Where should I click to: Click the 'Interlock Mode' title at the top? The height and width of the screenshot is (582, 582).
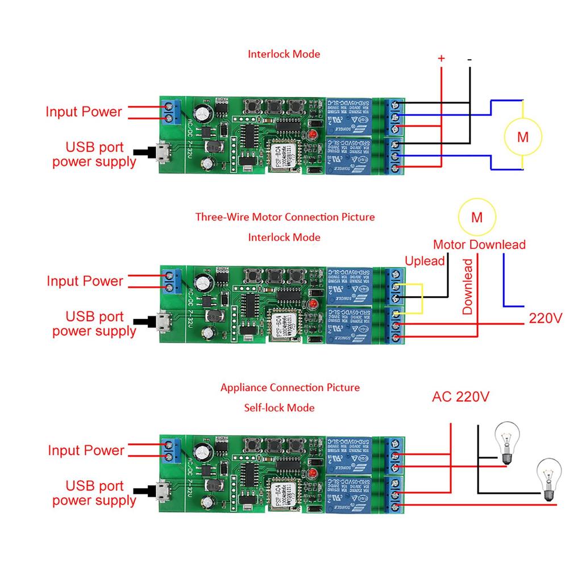tap(284, 55)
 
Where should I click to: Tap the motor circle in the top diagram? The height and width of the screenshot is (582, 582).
tap(523, 137)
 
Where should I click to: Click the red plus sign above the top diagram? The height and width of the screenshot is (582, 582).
tap(441, 59)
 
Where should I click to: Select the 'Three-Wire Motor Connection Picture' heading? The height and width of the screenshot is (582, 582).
tap(285, 217)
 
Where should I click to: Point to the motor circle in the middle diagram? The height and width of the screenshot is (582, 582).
tap(477, 217)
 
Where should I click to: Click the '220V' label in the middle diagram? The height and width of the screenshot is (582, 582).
tap(545, 318)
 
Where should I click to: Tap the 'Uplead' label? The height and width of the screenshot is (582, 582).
tap(425, 261)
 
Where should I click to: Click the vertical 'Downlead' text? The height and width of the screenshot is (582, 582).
tap(467, 286)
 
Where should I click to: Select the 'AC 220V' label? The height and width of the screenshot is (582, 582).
tap(460, 397)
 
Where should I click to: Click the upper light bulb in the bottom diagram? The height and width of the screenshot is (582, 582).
tap(507, 441)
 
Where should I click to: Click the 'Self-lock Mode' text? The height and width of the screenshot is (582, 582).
tap(279, 408)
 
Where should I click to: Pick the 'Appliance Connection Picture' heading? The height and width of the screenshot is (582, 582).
tap(290, 388)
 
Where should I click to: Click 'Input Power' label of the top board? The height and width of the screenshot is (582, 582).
tap(84, 112)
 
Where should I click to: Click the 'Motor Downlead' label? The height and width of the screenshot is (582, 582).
tap(479, 245)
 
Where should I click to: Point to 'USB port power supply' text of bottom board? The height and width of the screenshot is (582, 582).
tap(94, 493)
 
